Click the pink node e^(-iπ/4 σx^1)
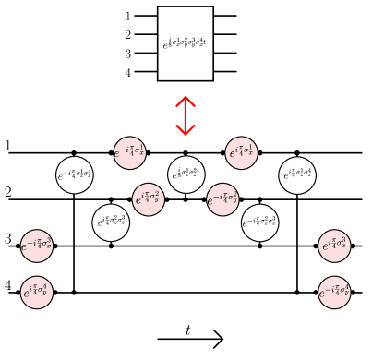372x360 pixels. [129, 153]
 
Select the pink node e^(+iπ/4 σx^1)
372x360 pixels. [241, 153]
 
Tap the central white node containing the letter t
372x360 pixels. [186, 174]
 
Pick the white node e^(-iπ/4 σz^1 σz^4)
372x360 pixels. [74, 175]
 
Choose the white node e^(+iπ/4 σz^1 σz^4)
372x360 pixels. [297, 175]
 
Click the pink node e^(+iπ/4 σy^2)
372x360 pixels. [149, 199]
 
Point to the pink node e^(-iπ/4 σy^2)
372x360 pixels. [222, 199]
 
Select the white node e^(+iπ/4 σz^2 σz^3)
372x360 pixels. [111, 222]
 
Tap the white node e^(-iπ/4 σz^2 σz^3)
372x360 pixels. [259, 222]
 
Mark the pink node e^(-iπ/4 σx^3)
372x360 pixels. [37, 246]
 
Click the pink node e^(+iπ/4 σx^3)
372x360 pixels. [334, 246]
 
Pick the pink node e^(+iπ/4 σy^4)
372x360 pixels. [37, 293]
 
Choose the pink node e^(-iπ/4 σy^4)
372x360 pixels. [334, 293]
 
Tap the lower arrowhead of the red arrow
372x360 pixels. [186, 134]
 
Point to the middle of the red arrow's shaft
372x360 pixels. [186, 115]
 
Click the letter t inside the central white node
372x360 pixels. [198, 173]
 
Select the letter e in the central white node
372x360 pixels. [174, 176]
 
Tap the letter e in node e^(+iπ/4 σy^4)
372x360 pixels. [27, 294]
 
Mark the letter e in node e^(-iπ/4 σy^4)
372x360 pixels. [322, 294]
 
